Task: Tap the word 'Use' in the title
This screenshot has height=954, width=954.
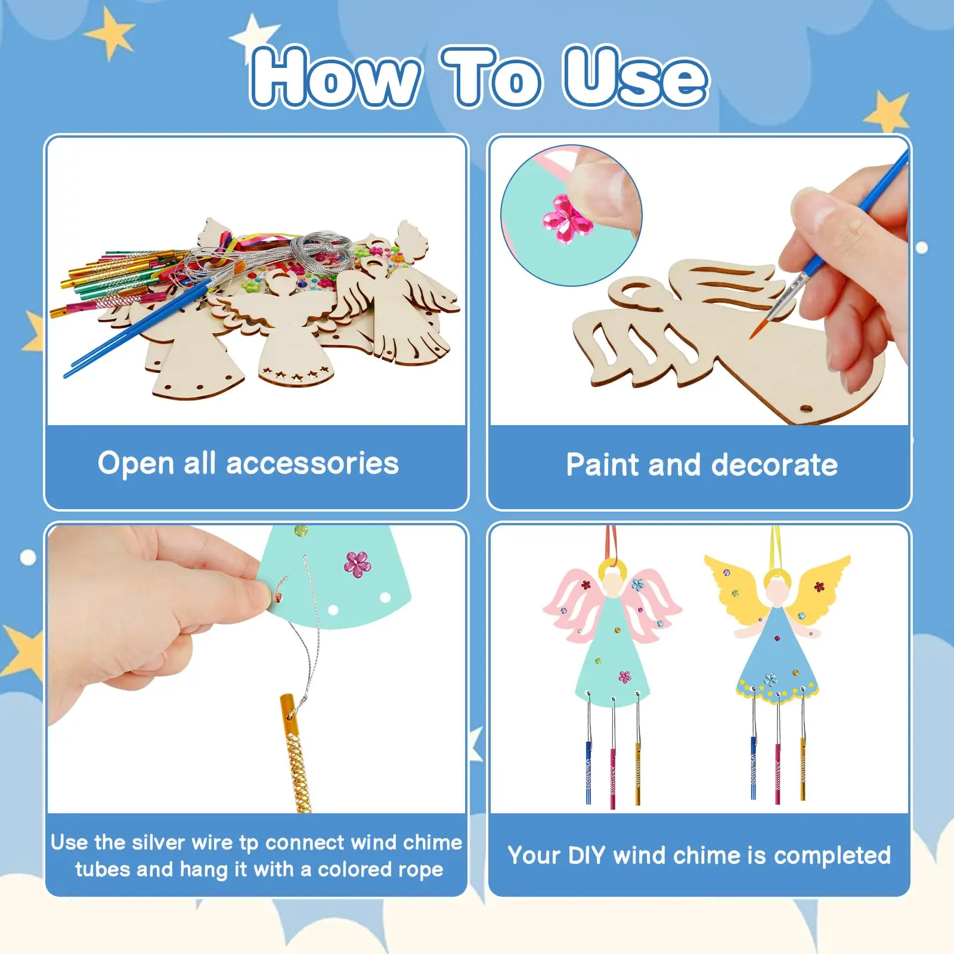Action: click(636, 78)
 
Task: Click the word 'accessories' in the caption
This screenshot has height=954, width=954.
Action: click(312, 463)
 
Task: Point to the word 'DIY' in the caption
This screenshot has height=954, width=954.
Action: click(587, 856)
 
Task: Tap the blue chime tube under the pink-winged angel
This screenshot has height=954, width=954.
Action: click(588, 772)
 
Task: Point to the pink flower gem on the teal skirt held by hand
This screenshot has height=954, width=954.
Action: click(357, 564)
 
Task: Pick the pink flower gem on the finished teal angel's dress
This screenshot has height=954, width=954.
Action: click(624, 676)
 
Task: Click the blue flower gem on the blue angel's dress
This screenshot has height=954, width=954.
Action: click(771, 679)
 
